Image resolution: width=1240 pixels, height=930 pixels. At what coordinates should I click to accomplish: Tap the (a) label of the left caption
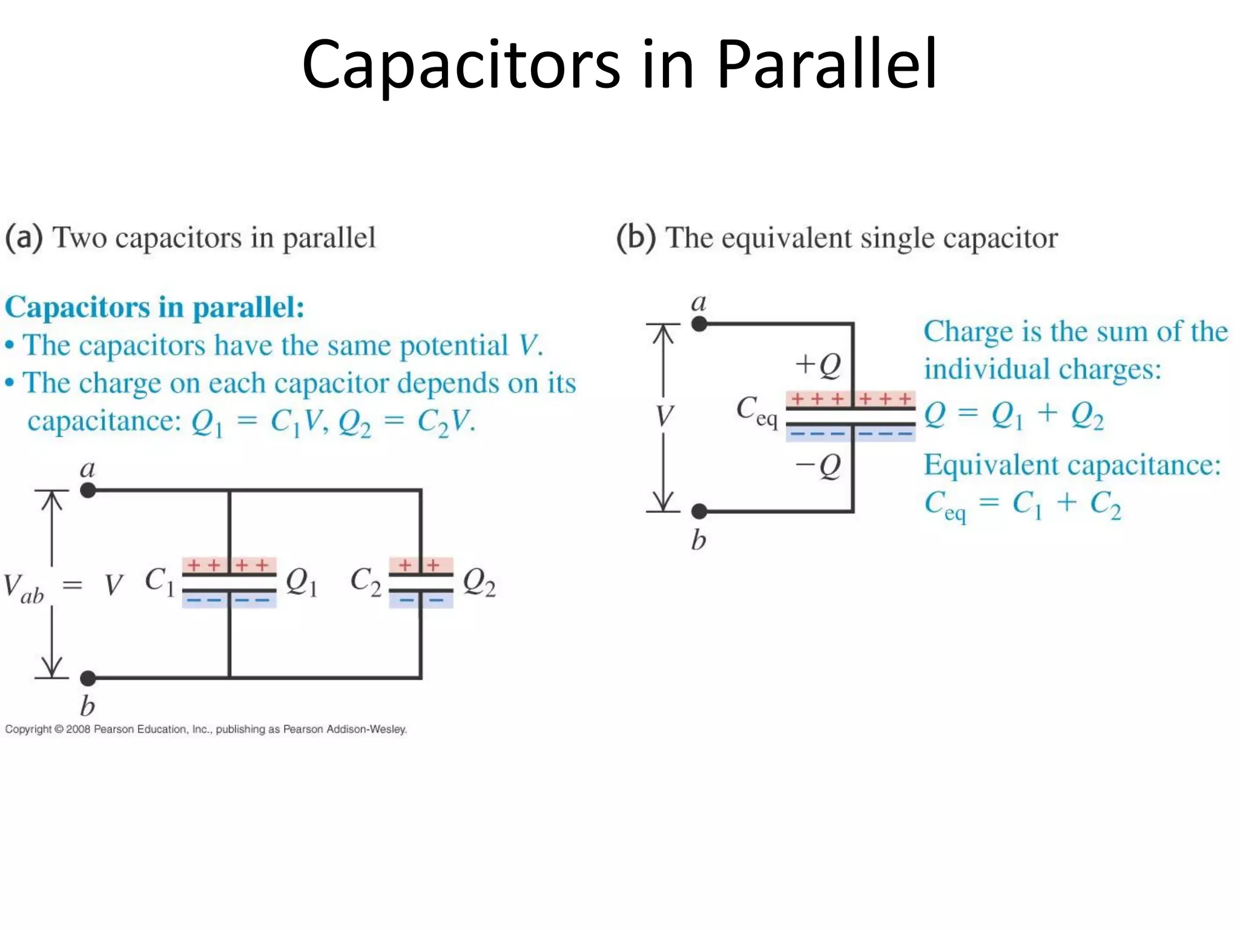tap(24, 237)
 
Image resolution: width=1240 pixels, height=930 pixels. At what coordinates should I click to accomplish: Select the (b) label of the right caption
tap(636, 237)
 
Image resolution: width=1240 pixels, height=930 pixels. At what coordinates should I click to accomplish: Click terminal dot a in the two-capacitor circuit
tap(88, 490)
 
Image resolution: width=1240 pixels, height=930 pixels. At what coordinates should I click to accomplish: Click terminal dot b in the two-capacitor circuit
tap(88, 678)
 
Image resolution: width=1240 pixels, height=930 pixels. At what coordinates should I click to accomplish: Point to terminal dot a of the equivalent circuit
tap(699, 325)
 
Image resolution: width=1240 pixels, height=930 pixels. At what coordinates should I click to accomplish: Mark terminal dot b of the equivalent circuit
tap(699, 512)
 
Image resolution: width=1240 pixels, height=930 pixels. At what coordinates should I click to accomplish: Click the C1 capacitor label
tap(159, 581)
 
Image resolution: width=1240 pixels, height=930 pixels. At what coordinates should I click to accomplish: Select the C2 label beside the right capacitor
tap(366, 581)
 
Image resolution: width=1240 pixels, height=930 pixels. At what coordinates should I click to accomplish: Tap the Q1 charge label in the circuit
tap(301, 582)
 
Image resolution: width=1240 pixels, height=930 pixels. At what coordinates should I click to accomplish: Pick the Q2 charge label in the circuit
tap(479, 582)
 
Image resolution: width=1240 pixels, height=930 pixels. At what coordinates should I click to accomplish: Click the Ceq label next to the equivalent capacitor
tap(756, 411)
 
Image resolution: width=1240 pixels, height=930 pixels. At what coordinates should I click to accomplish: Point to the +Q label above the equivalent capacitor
tap(818, 365)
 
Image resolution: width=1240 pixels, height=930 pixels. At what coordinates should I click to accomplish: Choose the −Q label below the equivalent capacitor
tap(818, 466)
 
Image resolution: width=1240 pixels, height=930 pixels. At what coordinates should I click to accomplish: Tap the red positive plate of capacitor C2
tap(421, 566)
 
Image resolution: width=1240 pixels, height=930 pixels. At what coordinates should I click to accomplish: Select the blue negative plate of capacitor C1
tap(229, 600)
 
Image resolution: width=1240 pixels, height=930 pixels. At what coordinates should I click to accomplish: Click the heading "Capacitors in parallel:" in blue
tap(154, 307)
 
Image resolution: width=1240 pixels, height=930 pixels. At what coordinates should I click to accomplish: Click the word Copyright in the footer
tap(28, 729)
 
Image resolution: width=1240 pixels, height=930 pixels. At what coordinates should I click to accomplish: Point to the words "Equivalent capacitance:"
tap(1072, 466)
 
